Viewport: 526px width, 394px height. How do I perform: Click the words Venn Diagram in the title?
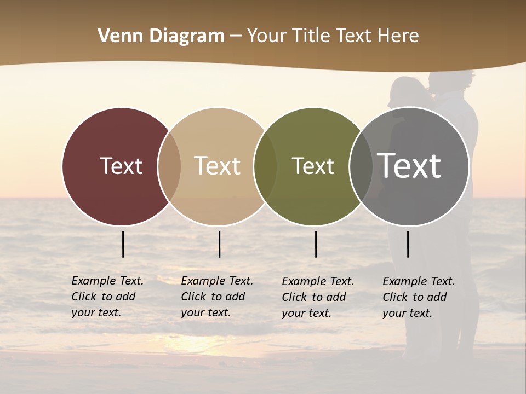coord(161,36)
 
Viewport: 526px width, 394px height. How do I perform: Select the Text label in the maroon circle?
coord(121,166)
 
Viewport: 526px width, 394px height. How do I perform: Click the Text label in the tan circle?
coord(217,166)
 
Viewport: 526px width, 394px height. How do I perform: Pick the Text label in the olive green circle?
coord(313,166)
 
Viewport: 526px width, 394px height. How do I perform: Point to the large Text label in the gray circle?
coord(409,165)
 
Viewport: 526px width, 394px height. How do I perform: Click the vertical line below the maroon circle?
coord(123,244)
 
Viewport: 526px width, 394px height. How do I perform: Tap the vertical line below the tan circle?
coord(219,244)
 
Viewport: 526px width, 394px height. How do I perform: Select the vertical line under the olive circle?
coord(316,244)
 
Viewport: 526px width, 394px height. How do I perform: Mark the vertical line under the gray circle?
coord(408,244)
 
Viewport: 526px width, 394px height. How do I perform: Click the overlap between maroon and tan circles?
coord(169,166)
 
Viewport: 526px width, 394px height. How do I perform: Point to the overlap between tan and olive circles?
coord(265,166)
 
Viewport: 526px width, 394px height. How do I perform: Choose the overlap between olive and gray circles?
coord(361,166)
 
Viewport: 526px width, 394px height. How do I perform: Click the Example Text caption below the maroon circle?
coord(107,297)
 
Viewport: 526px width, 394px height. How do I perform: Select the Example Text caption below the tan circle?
coord(216,297)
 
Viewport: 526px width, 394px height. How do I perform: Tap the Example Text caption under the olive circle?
coord(317,297)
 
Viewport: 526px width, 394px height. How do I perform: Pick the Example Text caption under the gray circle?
coord(418,297)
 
